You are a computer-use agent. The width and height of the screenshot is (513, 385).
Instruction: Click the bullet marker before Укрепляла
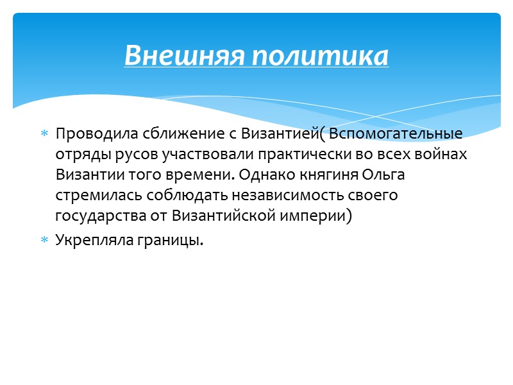(44, 241)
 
